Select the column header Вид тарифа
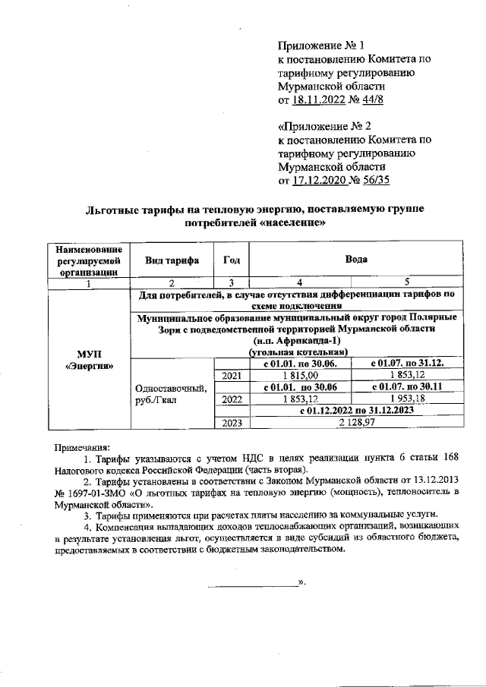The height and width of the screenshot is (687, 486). point(172,260)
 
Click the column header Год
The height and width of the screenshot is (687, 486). point(232,260)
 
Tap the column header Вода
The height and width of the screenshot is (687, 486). point(356,260)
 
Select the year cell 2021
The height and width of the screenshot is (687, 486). point(232,375)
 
